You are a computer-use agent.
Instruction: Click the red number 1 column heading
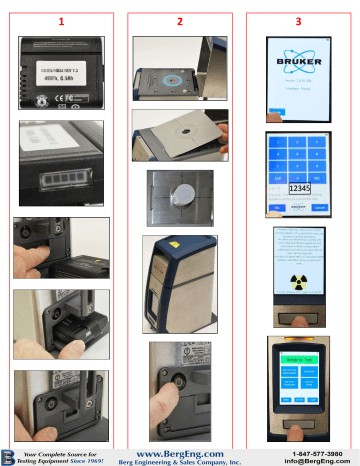[x=63, y=20]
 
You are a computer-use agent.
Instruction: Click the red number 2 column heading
[x=180, y=20]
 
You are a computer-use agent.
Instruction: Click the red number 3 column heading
[x=297, y=20]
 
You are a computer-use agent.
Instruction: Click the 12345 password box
[x=299, y=187]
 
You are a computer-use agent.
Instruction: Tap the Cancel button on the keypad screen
[x=320, y=207]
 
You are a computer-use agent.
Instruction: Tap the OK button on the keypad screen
[x=276, y=207]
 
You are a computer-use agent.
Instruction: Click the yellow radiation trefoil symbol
[x=298, y=281]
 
